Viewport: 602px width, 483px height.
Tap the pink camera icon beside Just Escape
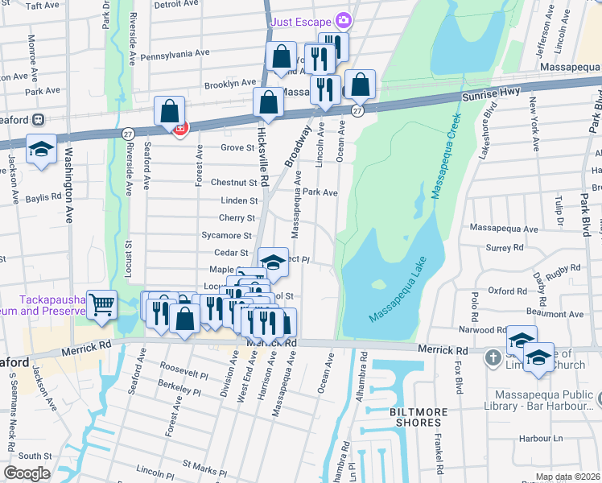pyautogui.click(x=344, y=19)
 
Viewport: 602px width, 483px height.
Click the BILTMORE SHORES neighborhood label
pyautogui.click(x=419, y=417)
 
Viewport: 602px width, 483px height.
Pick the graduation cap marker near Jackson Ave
pyautogui.click(x=41, y=150)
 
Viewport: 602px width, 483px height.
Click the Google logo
pyautogui.click(x=27, y=473)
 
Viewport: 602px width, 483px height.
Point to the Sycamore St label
pyautogui.click(x=225, y=236)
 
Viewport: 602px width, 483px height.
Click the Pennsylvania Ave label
pyautogui.click(x=175, y=54)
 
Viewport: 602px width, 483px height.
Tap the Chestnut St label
pyautogui.click(x=233, y=183)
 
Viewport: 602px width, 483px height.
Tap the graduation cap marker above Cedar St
pyautogui.click(x=274, y=262)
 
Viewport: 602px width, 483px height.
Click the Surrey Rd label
pyautogui.click(x=505, y=249)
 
